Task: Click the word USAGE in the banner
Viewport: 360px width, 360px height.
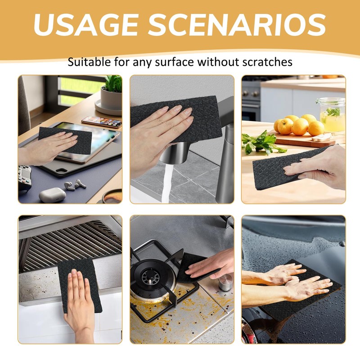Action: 86,25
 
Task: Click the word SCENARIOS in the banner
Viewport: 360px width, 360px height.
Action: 237,25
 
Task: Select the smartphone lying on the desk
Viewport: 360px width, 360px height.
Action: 102,121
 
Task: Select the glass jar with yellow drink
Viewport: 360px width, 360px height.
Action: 332,114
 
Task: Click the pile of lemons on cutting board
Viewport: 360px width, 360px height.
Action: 298,125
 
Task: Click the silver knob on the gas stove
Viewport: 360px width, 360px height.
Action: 225,282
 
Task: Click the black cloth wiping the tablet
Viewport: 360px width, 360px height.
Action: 65,140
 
